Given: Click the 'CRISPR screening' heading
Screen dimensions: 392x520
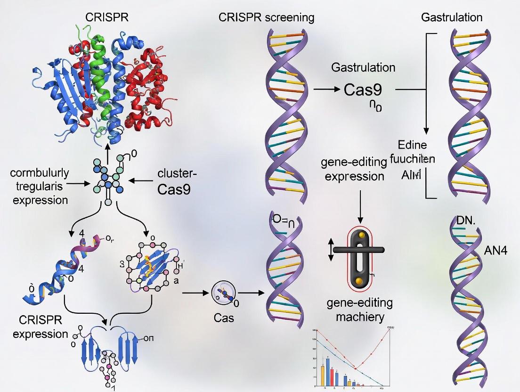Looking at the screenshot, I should point(267,18).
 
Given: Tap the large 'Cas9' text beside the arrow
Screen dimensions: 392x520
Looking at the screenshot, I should point(363,90).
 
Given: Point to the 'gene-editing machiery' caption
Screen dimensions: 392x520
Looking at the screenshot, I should point(360,310).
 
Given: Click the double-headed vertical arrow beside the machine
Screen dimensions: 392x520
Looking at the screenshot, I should point(331,249).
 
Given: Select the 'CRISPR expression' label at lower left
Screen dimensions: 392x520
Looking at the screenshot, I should point(37,327).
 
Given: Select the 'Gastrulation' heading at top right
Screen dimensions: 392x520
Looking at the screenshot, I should point(452,18).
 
